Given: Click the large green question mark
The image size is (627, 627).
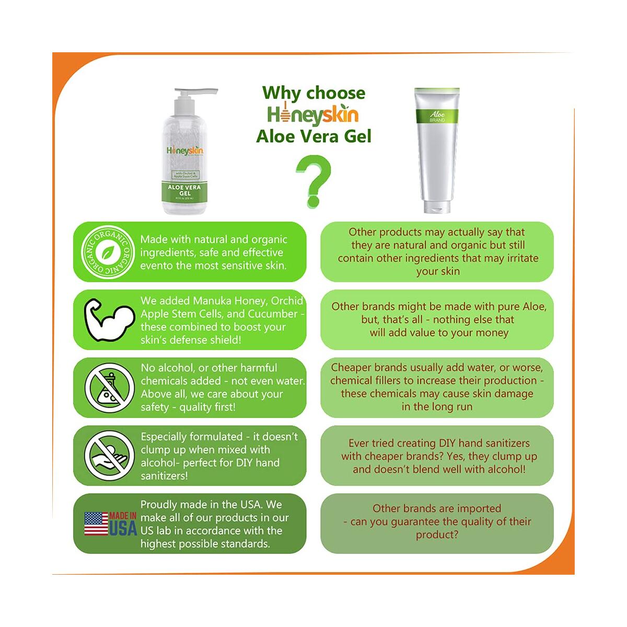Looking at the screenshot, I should point(313,180).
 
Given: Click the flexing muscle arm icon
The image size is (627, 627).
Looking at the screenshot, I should point(109,320).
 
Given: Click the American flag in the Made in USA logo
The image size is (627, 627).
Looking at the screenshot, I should point(96,524).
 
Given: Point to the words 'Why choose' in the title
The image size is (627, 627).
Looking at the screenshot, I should point(313,93).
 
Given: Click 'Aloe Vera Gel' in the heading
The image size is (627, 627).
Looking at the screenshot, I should point(313,136).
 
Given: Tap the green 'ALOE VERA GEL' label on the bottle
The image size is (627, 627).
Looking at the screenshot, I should point(184,191).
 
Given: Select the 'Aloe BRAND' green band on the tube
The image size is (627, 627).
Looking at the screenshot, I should point(437,116).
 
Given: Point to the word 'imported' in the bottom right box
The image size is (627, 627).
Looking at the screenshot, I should point(479,508).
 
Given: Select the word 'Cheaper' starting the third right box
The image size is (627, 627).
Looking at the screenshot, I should point(351,367).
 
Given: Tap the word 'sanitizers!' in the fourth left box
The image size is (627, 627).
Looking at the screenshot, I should point(164,476).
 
